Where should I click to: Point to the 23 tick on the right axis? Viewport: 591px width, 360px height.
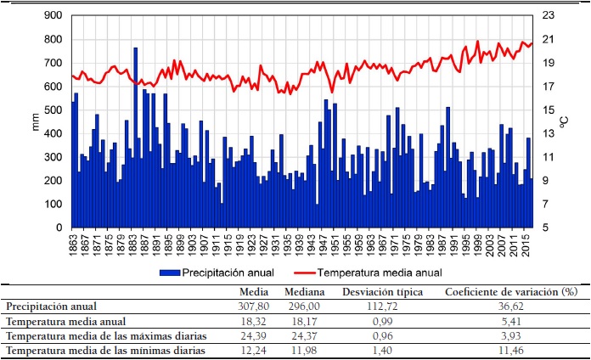click(x=548, y=15)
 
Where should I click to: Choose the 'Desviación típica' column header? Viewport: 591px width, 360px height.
click(x=388, y=292)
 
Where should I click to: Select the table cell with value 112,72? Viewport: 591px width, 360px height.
click(x=388, y=307)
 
